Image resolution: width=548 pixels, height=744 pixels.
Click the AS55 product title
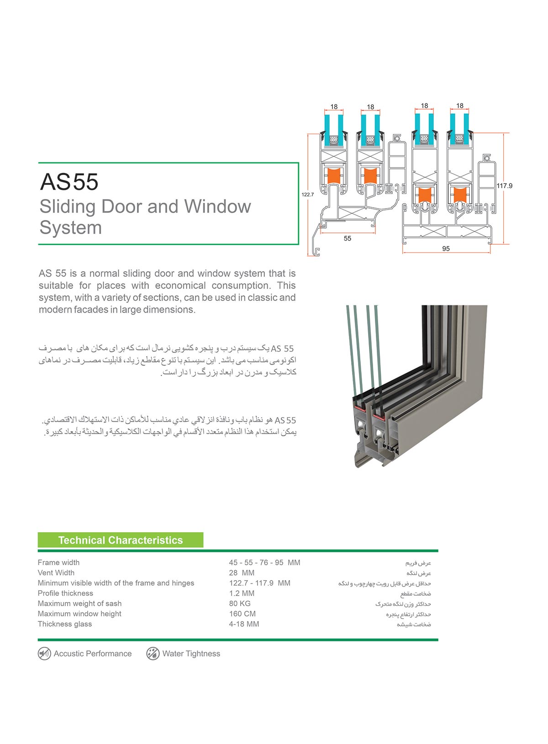point(69,182)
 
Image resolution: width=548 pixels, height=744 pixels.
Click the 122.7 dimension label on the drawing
point(308,194)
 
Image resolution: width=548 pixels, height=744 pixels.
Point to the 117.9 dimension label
point(504,186)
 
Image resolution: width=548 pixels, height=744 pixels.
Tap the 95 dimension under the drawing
point(446,249)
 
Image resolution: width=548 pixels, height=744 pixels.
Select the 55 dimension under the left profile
point(348,238)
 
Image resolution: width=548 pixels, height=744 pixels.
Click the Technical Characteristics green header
point(121,540)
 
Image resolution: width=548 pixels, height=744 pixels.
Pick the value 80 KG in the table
point(240,603)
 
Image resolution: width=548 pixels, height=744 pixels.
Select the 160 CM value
point(242,614)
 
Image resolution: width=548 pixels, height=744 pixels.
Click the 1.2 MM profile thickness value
point(242,593)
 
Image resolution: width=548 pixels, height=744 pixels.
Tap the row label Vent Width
point(56,573)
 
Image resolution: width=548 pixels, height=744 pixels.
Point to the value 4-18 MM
point(244,624)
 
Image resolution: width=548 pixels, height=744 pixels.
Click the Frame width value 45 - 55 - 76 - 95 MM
point(264,562)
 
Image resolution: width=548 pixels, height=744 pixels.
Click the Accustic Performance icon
point(44,654)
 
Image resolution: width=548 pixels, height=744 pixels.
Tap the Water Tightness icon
point(153,654)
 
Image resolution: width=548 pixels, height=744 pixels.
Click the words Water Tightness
point(191,654)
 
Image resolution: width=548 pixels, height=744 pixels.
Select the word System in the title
point(70,227)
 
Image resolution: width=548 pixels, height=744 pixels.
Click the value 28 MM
point(242,573)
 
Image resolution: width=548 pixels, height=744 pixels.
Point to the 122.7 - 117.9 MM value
point(259,583)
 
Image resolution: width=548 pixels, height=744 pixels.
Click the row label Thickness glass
point(65,624)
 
